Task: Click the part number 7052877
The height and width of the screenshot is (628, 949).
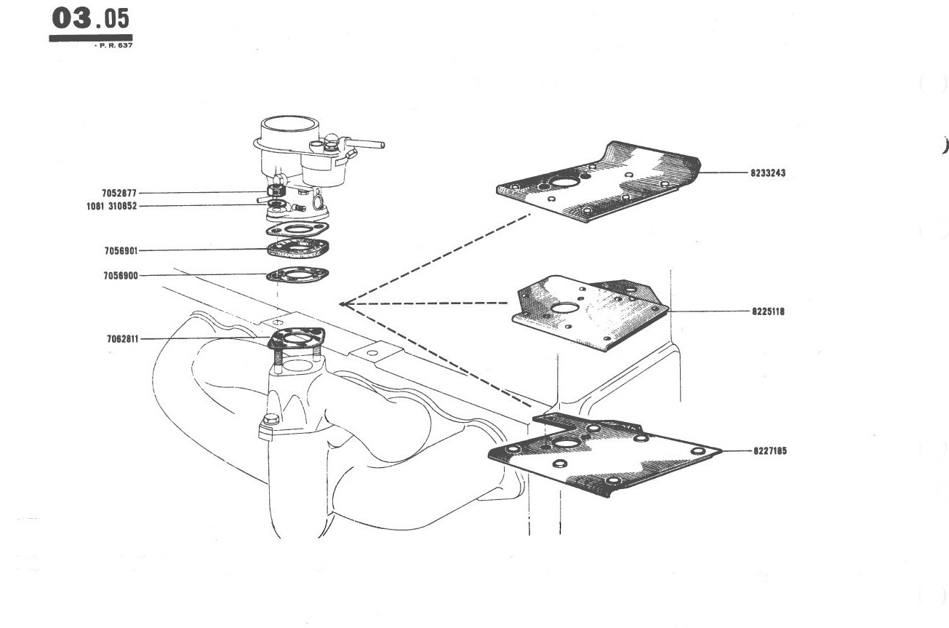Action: [119, 194]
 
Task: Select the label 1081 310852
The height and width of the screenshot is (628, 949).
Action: [112, 207]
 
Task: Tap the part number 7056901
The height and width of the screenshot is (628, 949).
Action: [121, 251]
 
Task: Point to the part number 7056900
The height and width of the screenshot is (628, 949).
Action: [121, 276]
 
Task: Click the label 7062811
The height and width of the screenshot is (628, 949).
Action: [122, 339]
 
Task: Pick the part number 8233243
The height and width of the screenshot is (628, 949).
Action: [768, 173]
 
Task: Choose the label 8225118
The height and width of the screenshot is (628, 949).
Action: [768, 311]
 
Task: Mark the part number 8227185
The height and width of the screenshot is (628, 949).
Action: [770, 450]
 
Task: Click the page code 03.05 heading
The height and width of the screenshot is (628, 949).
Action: [90, 19]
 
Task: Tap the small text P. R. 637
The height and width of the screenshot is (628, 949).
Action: [114, 45]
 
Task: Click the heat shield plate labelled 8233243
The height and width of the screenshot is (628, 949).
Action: [598, 183]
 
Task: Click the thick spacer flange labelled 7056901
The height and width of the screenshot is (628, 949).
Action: [298, 248]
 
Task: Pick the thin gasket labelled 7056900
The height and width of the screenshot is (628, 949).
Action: [298, 275]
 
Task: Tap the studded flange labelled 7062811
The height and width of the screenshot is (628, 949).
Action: [297, 340]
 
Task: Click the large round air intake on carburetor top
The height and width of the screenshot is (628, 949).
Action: [289, 125]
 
